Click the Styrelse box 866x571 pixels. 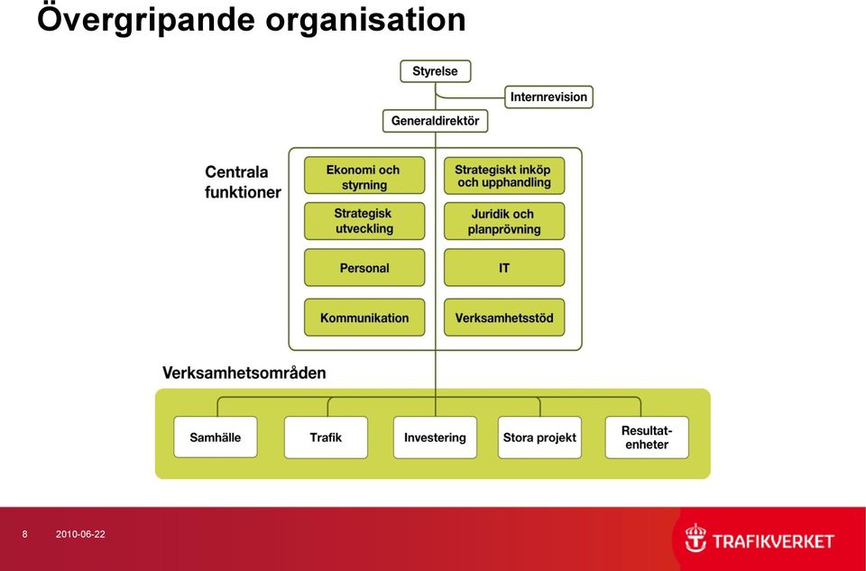(435, 71)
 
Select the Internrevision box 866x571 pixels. (548, 97)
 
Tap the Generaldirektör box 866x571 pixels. (435, 121)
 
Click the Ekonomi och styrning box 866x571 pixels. (364, 176)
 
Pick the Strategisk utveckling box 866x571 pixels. (364, 221)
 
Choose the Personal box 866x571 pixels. (364, 268)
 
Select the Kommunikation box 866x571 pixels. (364, 318)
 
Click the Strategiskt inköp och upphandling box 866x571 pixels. (504, 176)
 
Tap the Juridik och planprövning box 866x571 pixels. (504, 221)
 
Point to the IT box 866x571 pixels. (504, 268)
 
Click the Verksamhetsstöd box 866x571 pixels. (504, 318)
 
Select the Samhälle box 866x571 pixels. (216, 437)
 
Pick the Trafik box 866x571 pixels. (326, 437)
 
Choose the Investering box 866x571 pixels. (435, 437)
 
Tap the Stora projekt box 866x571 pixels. (539, 437)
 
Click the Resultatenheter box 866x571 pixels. (647, 437)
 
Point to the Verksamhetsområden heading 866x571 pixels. (244, 373)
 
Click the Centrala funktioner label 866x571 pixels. (243, 182)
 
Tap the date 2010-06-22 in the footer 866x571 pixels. (80, 534)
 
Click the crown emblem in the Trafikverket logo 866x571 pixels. (696, 538)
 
